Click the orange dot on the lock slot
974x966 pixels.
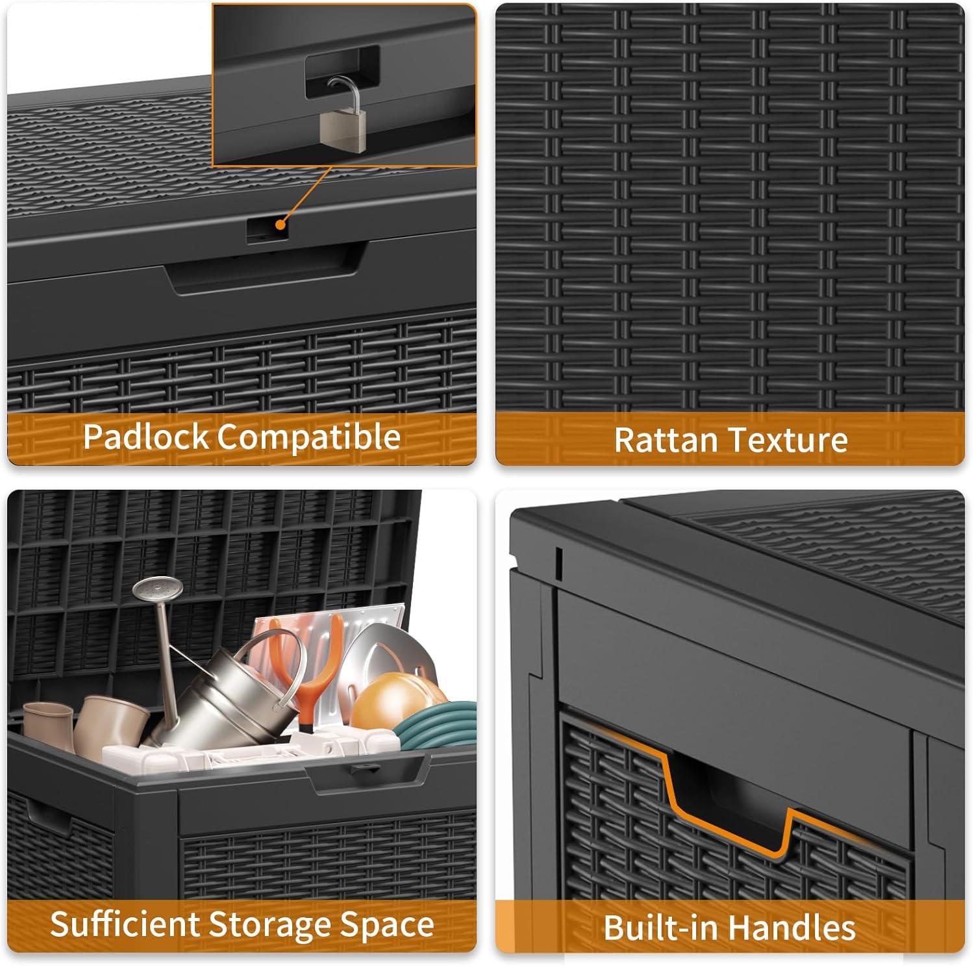tap(281, 225)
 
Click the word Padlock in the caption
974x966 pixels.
tap(147, 437)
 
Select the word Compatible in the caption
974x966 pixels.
tap(308, 437)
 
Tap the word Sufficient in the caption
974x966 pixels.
tap(125, 924)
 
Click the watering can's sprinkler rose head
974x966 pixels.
tap(151, 589)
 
